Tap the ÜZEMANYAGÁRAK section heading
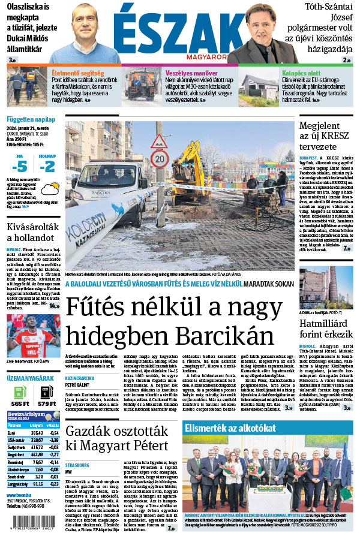point(30,379)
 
